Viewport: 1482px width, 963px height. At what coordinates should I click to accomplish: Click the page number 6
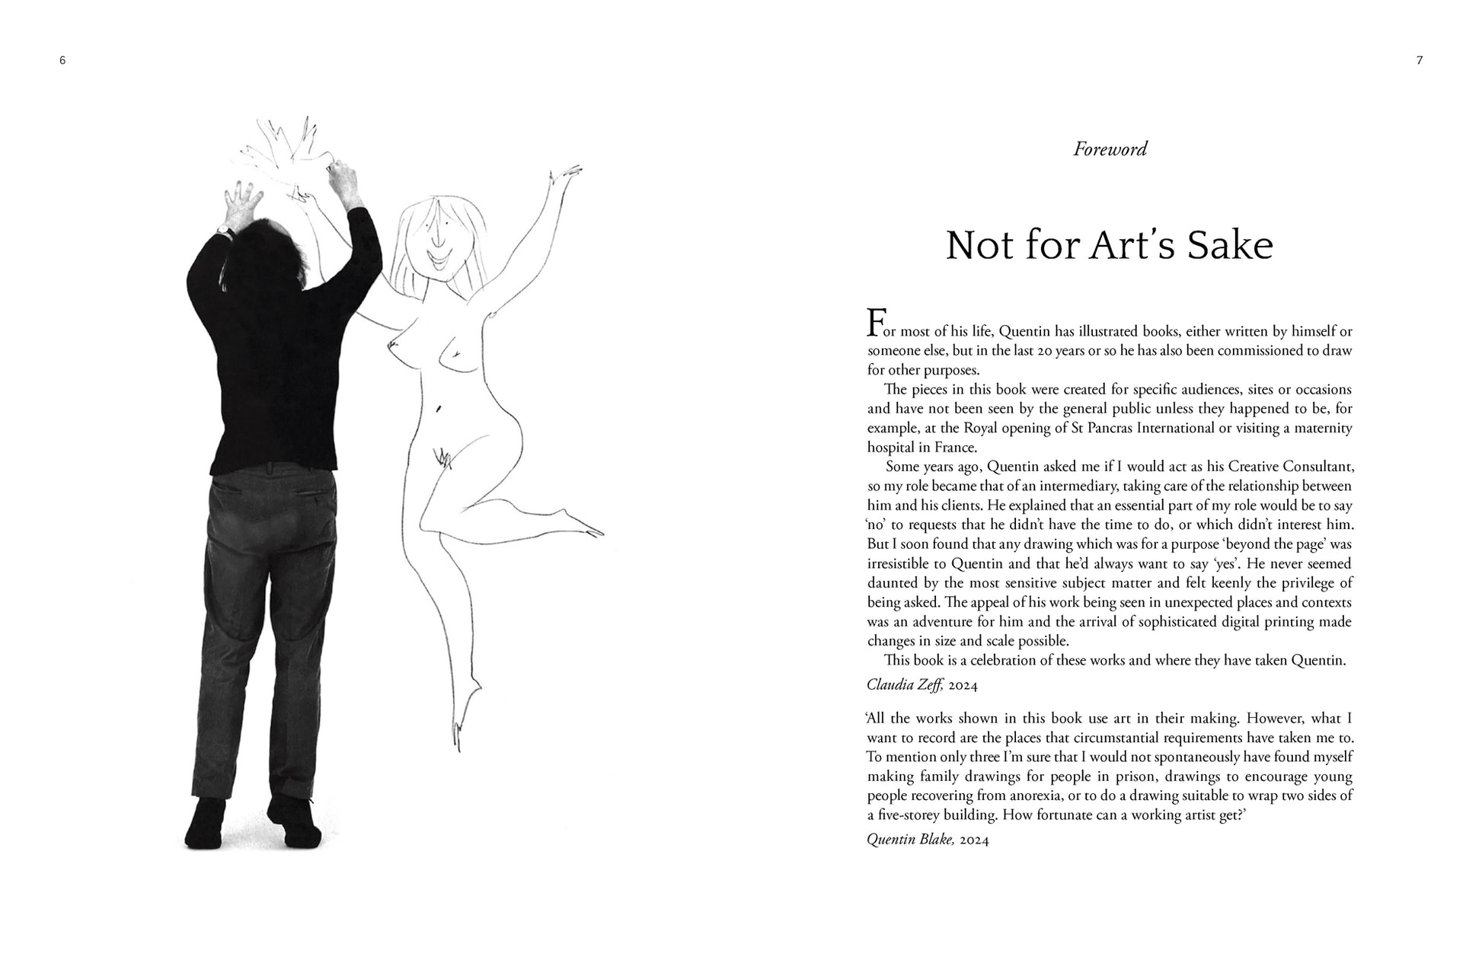(62, 61)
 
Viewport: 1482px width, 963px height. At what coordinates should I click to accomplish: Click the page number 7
(1419, 61)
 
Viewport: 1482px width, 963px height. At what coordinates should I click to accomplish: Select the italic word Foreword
(1110, 149)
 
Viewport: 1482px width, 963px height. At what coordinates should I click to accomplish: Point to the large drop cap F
(877, 323)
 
